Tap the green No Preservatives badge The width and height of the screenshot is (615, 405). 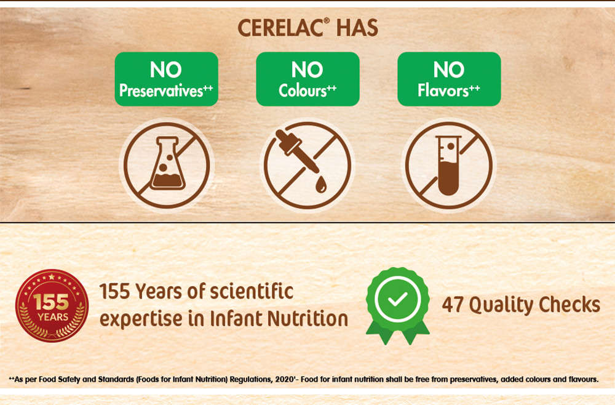(x=166, y=79)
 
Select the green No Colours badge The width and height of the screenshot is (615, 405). (x=307, y=79)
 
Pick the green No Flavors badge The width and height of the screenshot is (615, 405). (x=449, y=79)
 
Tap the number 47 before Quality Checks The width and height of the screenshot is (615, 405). (x=454, y=304)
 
